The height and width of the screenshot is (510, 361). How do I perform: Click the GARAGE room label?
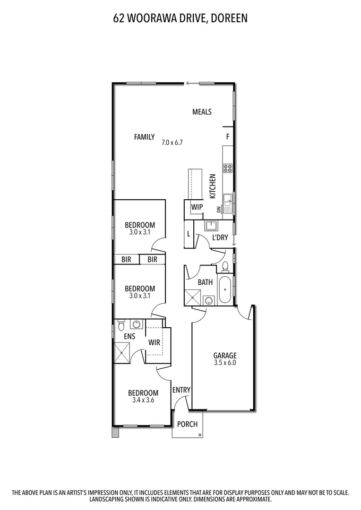(224, 356)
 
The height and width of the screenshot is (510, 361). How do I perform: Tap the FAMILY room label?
(144, 137)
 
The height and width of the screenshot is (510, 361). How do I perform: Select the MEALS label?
(202, 112)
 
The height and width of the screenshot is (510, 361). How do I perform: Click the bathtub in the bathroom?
(225, 289)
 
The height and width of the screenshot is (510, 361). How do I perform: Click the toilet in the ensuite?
(121, 325)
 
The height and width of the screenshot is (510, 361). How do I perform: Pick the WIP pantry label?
(197, 207)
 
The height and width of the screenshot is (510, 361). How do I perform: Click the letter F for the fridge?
(227, 137)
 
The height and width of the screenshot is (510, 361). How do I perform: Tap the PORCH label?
(187, 424)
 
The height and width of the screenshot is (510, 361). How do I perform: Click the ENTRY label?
(181, 390)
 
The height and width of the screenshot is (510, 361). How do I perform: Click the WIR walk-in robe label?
(154, 342)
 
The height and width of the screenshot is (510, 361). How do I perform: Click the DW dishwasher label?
(219, 209)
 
